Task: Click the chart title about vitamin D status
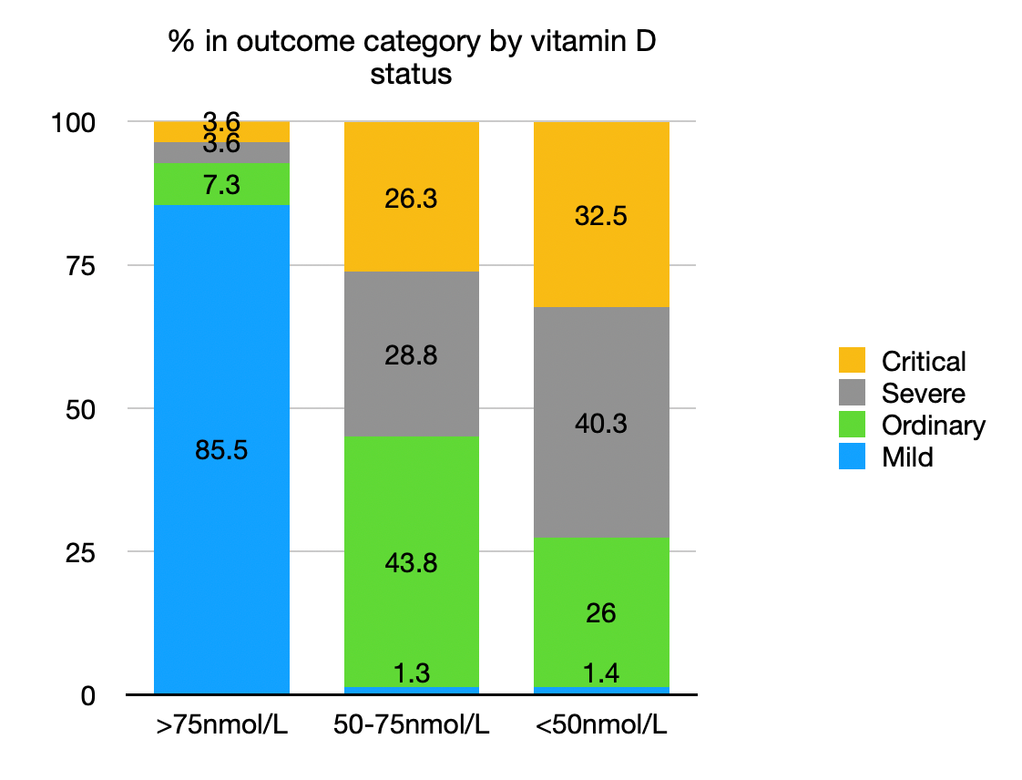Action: [412, 57]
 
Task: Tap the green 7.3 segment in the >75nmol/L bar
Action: [221, 184]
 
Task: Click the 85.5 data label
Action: [221, 450]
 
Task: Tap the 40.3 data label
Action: [600, 424]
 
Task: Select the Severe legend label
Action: [923, 394]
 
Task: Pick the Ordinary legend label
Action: [933, 426]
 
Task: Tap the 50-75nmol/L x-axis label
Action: [411, 727]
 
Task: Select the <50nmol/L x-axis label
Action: [600, 727]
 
